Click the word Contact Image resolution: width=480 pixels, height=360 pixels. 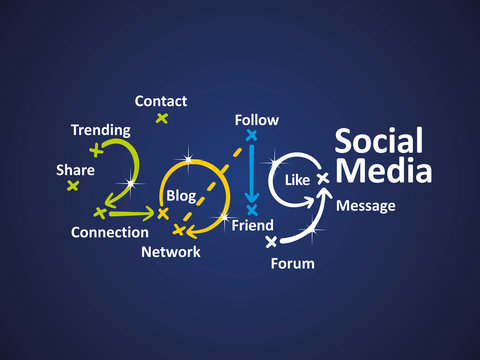[161, 101]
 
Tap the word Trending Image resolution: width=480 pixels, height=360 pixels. [100, 130]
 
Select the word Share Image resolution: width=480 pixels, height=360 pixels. [76, 170]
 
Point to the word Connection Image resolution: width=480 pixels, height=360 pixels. [110, 232]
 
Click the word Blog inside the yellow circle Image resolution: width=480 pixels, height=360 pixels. [181, 195]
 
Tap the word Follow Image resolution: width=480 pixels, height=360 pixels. [257, 120]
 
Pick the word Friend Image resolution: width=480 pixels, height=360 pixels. [253, 226]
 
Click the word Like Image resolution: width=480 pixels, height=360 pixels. [298, 181]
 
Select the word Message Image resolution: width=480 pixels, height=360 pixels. [366, 206]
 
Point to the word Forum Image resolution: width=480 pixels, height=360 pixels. [293, 264]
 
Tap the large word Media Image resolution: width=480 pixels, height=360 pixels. [384, 171]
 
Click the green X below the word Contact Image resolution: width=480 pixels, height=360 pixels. [161, 119]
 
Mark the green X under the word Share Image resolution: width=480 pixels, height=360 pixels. [72, 186]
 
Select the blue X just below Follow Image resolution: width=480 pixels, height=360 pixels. [252, 135]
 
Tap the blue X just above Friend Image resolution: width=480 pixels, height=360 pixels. [252, 209]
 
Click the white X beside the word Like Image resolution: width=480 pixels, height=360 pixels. [322, 178]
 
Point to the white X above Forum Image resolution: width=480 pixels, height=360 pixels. [271, 241]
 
